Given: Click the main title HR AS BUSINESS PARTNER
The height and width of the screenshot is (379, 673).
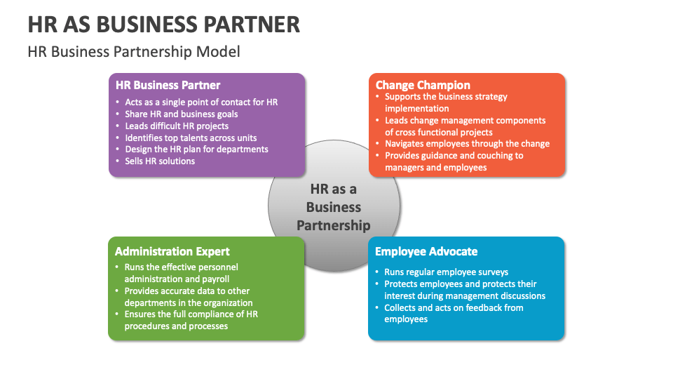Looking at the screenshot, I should pos(164,24).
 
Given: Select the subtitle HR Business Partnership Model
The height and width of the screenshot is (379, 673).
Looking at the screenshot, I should pos(134,51).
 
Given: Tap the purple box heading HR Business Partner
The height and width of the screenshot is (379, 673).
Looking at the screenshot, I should pos(168,85).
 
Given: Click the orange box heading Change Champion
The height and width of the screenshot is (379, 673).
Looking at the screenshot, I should pos(423,85).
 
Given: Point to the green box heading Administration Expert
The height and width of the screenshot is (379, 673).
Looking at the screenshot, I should pos(172,251).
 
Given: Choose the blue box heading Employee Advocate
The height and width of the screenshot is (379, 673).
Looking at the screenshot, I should pos(426,251).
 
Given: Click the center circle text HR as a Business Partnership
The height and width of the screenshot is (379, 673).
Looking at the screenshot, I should pos(334,207).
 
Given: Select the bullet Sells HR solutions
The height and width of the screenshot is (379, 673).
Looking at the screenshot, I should pos(160,161).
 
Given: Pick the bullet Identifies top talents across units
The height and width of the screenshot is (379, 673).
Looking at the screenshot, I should pos(191,138).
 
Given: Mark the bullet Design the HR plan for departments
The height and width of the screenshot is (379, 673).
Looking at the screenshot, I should pos(196,149).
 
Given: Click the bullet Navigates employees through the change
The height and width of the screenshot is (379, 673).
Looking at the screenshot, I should pos(467,144).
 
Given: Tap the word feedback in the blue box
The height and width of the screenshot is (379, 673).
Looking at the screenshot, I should pos(472,307).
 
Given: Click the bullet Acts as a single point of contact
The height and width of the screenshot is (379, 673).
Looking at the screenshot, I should pos(201,102).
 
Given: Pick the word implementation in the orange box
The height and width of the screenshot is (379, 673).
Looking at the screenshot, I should pos(416,108).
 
